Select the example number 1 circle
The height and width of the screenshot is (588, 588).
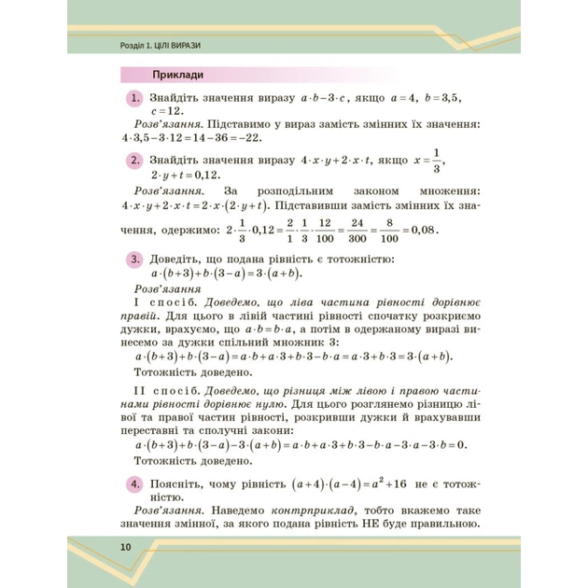tap(136, 98)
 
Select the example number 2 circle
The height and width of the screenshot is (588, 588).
tap(136, 161)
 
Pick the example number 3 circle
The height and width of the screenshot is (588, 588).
tap(136, 259)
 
